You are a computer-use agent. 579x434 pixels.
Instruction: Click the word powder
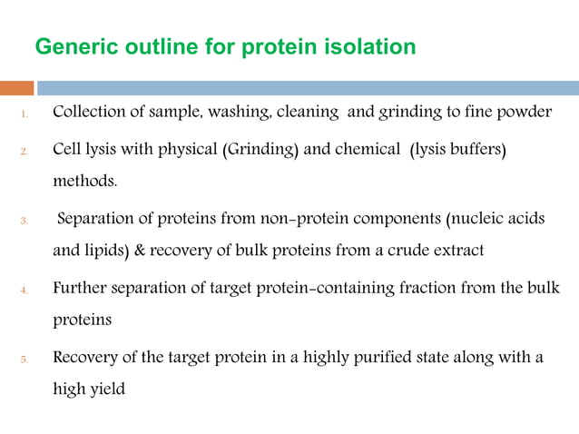click(525, 113)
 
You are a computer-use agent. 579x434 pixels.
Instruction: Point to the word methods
click(84, 182)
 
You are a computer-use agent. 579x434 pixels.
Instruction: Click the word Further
click(81, 288)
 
